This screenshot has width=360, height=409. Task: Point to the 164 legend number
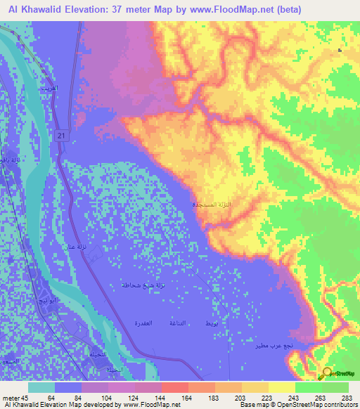click(x=185, y=398)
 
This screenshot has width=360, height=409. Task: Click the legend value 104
click(x=105, y=398)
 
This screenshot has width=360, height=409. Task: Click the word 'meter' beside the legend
click(x=11, y=398)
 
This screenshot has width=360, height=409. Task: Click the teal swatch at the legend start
click(x=41, y=387)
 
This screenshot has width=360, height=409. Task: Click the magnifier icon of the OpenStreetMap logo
click(x=328, y=373)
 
